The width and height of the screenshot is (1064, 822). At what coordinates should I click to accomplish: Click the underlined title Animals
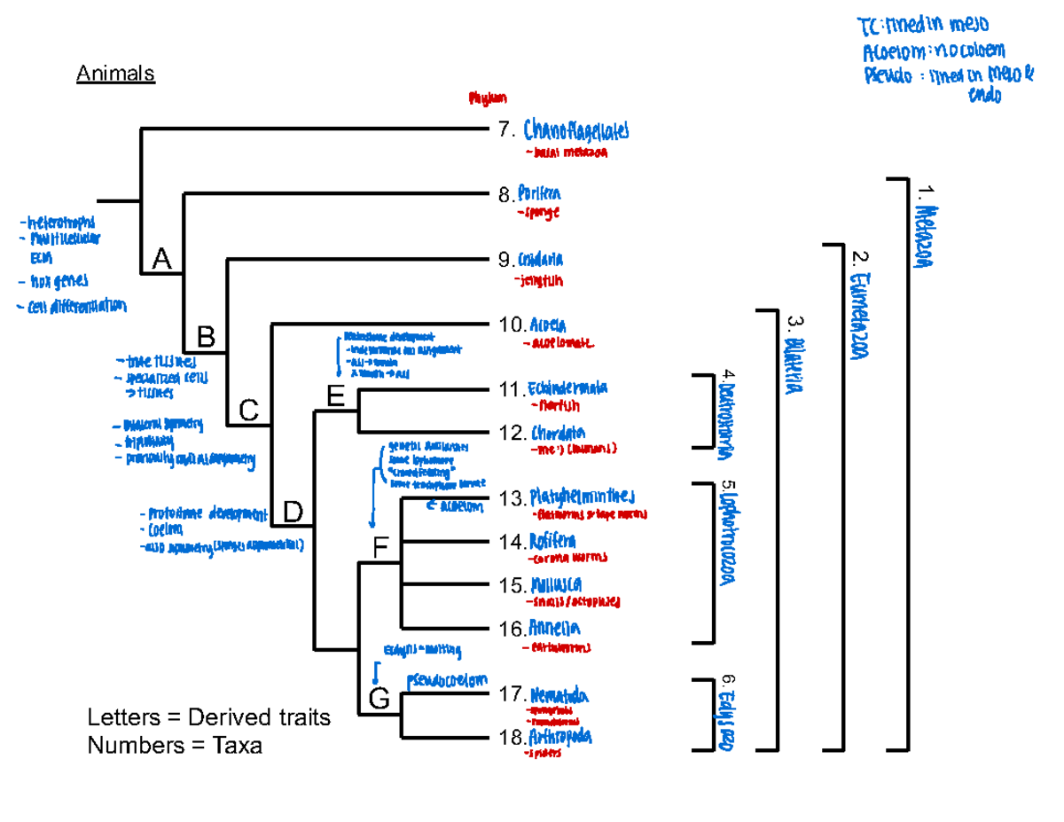(x=115, y=74)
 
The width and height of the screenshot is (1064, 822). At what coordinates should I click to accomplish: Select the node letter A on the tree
(x=161, y=259)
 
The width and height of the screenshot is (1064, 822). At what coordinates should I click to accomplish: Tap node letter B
(x=206, y=337)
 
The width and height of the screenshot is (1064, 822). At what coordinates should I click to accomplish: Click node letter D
(x=293, y=512)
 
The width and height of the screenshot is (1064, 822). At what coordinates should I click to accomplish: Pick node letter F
(x=380, y=550)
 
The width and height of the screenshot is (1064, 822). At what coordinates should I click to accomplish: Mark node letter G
(x=379, y=699)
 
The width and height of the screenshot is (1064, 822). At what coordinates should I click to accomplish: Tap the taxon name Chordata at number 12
(x=558, y=434)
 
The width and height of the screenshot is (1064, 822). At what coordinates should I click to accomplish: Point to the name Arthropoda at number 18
(x=560, y=738)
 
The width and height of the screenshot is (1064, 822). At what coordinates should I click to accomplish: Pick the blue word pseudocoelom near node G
(x=447, y=681)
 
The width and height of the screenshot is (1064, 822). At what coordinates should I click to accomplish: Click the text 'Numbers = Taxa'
(x=175, y=747)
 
